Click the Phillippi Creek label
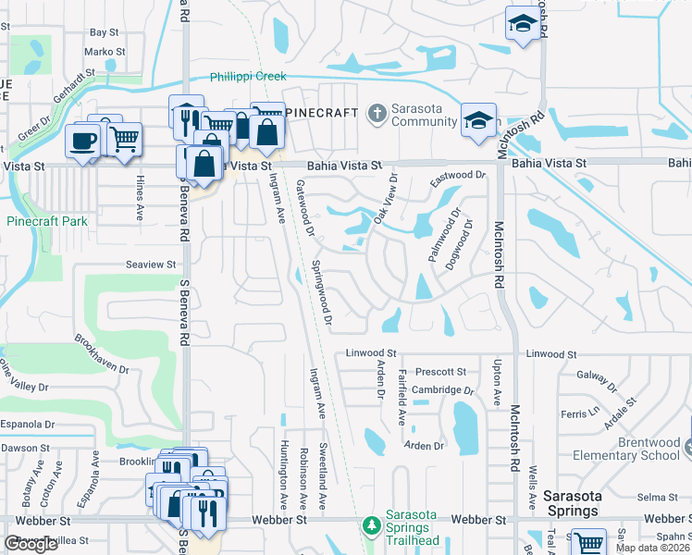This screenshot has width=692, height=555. click(x=248, y=77)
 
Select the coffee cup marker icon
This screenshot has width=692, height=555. click(x=82, y=142)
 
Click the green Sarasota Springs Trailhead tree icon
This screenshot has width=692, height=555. click(x=371, y=525)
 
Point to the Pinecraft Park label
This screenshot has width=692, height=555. click(x=46, y=221)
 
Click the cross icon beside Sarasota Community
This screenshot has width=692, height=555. click(x=376, y=113)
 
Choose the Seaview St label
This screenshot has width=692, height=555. click(x=151, y=265)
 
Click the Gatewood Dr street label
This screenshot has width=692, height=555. click(x=305, y=207)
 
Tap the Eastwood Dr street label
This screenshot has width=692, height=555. click(x=458, y=176)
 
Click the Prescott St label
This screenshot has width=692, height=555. click(x=440, y=372)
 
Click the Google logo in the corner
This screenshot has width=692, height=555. click(x=31, y=543)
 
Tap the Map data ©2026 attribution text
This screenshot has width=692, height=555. click(x=651, y=549)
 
